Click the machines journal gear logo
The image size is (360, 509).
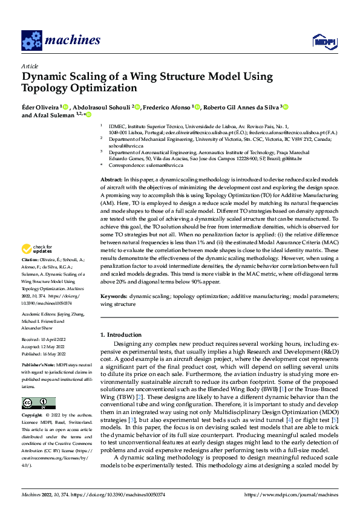pyautogui.click(x=31, y=41)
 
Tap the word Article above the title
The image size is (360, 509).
pyautogui.click(x=30, y=66)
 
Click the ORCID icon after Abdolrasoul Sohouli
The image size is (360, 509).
pyautogui.click(x=137, y=107)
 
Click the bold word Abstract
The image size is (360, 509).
pyautogui.click(x=111, y=181)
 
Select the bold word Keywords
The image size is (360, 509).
pyautogui.click(x=113, y=297)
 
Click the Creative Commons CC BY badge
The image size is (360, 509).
pyautogui.click(x=38, y=403)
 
